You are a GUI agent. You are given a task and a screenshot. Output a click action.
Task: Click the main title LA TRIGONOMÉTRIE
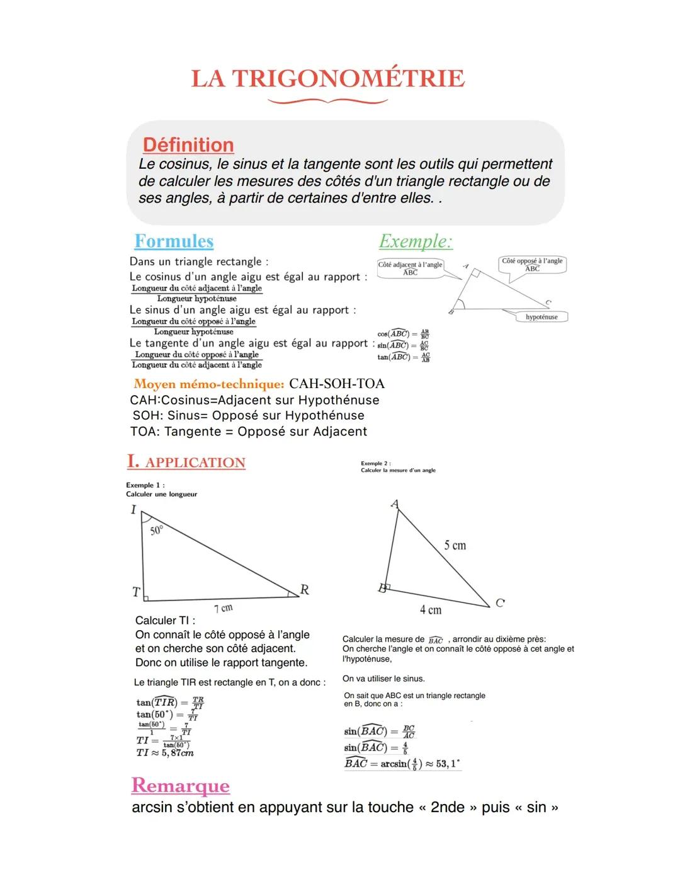pyautogui.click(x=327, y=79)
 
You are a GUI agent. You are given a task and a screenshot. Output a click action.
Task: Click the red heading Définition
pyautogui.click(x=188, y=145)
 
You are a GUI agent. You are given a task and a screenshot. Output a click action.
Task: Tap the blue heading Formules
pyautogui.click(x=174, y=241)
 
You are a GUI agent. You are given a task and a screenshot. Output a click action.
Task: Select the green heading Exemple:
pyautogui.click(x=416, y=241)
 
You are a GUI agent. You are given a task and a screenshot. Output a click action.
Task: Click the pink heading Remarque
pyautogui.click(x=181, y=785)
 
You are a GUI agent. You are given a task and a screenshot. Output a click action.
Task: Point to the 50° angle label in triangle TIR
pyautogui.click(x=157, y=530)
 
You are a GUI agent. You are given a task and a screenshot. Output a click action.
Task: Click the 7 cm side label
pyautogui.click(x=224, y=608)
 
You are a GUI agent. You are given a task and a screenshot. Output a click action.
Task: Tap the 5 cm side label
pyautogui.click(x=455, y=546)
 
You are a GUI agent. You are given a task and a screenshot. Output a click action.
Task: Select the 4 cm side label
pyautogui.click(x=431, y=610)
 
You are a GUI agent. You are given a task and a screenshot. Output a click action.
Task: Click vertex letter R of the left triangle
pyautogui.click(x=305, y=590)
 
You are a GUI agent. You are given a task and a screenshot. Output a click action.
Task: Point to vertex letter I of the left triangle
pyautogui.click(x=133, y=509)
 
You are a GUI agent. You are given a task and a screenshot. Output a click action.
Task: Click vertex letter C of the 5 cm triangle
pyautogui.click(x=500, y=603)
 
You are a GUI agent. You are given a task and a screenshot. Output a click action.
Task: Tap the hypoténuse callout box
pyautogui.click(x=541, y=317)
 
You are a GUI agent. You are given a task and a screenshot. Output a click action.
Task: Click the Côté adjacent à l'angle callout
pyautogui.click(x=410, y=268)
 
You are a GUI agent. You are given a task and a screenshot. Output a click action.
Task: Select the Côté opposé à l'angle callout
pyautogui.click(x=532, y=265)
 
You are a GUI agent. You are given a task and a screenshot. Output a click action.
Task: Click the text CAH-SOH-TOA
pyautogui.click(x=336, y=384)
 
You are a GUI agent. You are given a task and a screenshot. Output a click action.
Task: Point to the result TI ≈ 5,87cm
pyautogui.click(x=165, y=753)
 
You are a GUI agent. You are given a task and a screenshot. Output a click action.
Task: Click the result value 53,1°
pyautogui.click(x=448, y=764)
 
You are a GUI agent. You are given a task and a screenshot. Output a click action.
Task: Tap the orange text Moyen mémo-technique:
pyautogui.click(x=209, y=384)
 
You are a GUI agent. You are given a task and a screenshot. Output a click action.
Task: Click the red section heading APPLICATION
pyautogui.click(x=195, y=462)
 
